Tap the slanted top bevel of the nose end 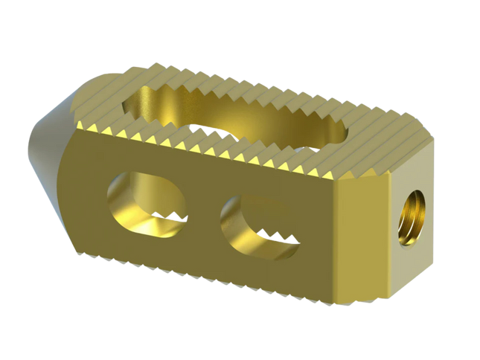89,93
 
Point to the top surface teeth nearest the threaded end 380,149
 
